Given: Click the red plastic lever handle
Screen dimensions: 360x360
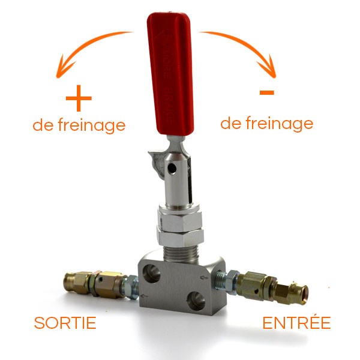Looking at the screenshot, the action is pyautogui.click(x=170, y=73).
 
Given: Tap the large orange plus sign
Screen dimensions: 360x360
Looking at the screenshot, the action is pyautogui.click(x=79, y=98).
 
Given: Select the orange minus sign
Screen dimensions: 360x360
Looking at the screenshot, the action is pyautogui.click(x=267, y=92).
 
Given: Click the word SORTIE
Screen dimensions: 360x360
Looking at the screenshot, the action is pyautogui.click(x=65, y=323).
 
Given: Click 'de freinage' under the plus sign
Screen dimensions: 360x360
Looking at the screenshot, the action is pyautogui.click(x=79, y=125).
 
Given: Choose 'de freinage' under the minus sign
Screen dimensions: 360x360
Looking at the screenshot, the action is pyautogui.click(x=267, y=124).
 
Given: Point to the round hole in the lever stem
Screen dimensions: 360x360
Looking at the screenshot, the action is pyautogui.click(x=172, y=169).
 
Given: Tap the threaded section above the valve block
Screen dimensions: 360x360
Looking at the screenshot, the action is pyautogui.click(x=181, y=254).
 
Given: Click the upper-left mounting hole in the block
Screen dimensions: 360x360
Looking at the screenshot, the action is pyautogui.click(x=151, y=273).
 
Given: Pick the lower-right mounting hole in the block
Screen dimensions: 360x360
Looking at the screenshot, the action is pyautogui.click(x=196, y=301).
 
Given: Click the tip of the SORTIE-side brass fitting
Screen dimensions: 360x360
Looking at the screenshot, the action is pyautogui.click(x=67, y=282).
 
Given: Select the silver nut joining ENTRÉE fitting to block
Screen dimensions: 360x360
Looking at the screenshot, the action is pyautogui.click(x=230, y=281).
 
